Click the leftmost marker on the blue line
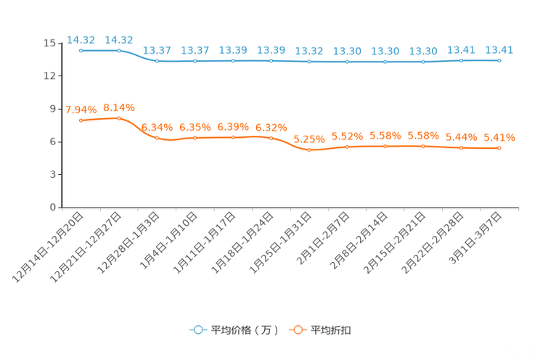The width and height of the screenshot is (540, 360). [81, 51]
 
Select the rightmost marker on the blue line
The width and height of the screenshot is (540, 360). [499, 61]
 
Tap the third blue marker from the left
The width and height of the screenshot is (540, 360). [157, 61]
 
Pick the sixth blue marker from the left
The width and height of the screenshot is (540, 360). [271, 61]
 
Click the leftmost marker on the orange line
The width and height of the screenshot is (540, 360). [81, 120]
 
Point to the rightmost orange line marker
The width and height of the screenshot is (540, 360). [499, 148]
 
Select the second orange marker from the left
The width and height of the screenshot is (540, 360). [119, 118]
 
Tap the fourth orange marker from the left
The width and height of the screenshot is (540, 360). [195, 137]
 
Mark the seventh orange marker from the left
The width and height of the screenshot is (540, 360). [309, 150]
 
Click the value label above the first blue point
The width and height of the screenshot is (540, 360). [81, 39]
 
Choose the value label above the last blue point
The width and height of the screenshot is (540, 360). [499, 50]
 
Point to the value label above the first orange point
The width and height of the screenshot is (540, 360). [81, 110]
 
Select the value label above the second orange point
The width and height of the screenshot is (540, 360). [119, 107]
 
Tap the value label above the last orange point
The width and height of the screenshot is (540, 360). [499, 136]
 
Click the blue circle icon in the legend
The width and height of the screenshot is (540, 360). [197, 330]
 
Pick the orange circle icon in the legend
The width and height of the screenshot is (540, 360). [297, 330]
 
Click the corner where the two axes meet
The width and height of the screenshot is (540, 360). [61, 208]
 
